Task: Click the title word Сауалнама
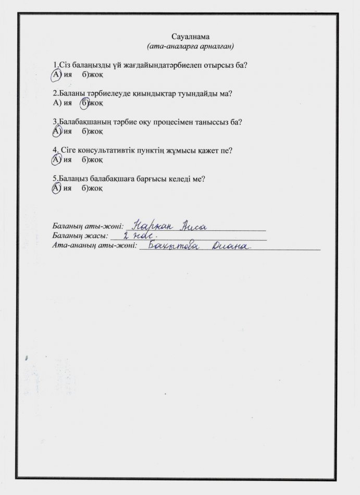190,36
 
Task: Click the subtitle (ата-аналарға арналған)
190,46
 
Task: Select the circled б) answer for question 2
85,103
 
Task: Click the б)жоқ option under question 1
92,75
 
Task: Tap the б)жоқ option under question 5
92,188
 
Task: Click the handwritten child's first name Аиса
194,227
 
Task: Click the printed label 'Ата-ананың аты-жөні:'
94,246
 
